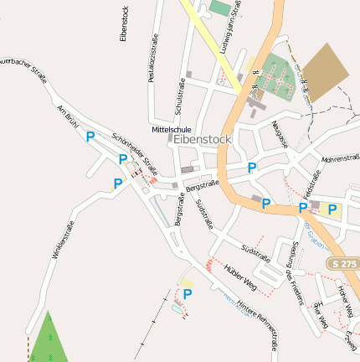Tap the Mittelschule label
tap(170, 129)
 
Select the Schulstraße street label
tap(180, 97)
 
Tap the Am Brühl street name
tap(65, 116)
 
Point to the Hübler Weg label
tap(239, 277)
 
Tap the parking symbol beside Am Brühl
tap(90, 136)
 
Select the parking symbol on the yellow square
tap(332, 209)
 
